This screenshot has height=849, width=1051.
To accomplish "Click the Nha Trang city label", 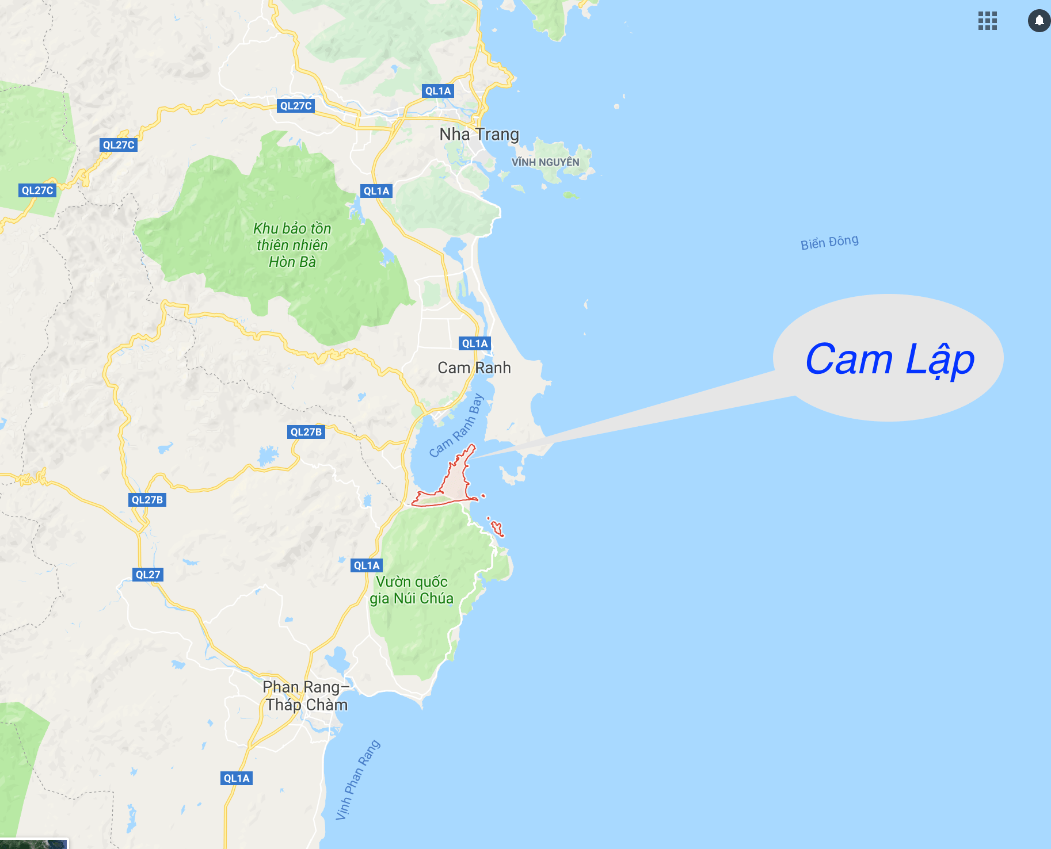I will pyautogui.click(x=479, y=135).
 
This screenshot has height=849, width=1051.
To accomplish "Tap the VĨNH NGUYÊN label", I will pyautogui.click(x=545, y=162).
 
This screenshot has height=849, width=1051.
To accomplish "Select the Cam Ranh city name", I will pyautogui.click(x=474, y=368).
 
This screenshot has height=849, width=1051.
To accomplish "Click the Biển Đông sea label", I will pyautogui.click(x=829, y=242).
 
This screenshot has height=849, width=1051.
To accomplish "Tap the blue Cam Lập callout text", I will pyautogui.click(x=889, y=360).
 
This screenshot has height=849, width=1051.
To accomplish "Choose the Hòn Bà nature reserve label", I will pyautogui.click(x=292, y=245).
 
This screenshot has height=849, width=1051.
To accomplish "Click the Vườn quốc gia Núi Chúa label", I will pyautogui.click(x=411, y=590).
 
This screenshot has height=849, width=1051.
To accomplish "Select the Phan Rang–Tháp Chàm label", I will pyautogui.click(x=306, y=696).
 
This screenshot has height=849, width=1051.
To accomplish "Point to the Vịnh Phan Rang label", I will pyautogui.click(x=358, y=779).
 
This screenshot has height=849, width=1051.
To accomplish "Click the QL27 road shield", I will pyautogui.click(x=148, y=575).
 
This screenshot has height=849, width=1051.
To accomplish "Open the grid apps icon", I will pyautogui.click(x=987, y=21).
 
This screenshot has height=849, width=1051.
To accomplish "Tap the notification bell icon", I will pyautogui.click(x=1039, y=21).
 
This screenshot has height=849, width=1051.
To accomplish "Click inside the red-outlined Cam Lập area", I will pyautogui.click(x=456, y=483).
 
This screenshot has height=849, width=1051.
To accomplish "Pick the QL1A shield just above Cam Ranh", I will pyautogui.click(x=475, y=343).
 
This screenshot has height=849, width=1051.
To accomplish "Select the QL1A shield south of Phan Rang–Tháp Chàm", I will pyautogui.click(x=237, y=778).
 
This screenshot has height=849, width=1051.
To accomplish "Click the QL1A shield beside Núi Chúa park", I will pyautogui.click(x=367, y=565).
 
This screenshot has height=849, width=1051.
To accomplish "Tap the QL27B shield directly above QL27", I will pyautogui.click(x=147, y=500).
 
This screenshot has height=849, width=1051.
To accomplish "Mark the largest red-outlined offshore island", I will pyautogui.click(x=497, y=528).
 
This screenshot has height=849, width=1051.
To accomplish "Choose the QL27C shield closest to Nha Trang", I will pyautogui.click(x=296, y=106).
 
